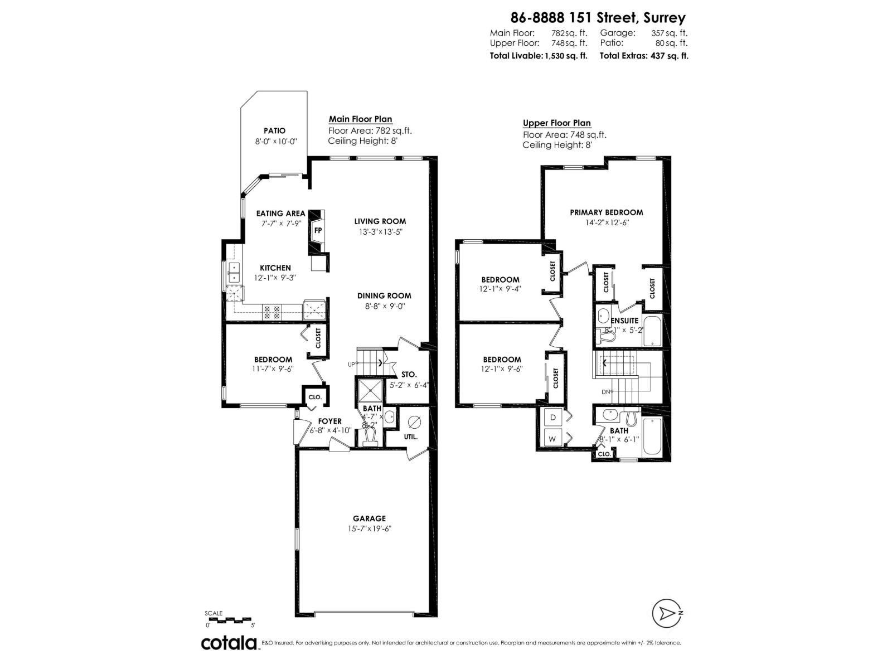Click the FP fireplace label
point(318,230)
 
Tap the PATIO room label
point(274,131)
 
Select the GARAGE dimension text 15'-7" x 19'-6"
point(369,529)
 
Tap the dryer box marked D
point(553,417)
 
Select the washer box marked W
point(553,439)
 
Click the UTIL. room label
point(411,437)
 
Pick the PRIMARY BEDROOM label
point(606,212)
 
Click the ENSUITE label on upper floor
point(624,321)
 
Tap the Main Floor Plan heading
point(360,119)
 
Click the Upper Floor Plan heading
point(556,123)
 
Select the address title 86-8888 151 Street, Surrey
point(598,18)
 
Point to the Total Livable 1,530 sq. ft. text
point(538,56)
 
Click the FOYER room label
point(329,421)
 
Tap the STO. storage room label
point(409,375)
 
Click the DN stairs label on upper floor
point(607,391)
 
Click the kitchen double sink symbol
point(234,273)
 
